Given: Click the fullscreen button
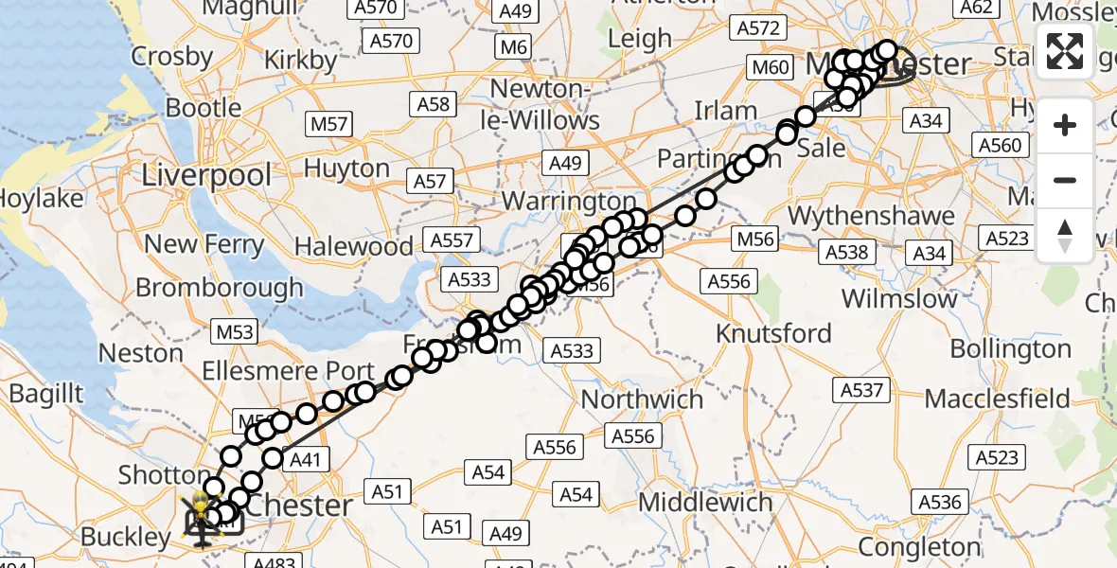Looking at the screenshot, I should pos(1065,51).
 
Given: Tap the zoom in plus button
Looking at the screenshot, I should pos(1065,125).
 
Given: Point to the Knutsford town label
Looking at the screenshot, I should pos(773,333).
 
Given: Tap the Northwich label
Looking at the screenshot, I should pos(642,399).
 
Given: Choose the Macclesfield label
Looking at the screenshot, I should pos(1005,399).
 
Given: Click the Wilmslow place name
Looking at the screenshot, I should pos(899,299).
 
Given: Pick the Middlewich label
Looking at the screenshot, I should pos(705,503).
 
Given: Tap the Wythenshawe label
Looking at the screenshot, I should pos(871,217).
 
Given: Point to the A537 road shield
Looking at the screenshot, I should pos(860,389).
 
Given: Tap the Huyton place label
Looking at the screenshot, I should pos(346,169).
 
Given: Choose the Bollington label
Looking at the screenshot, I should pos(1010,348).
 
